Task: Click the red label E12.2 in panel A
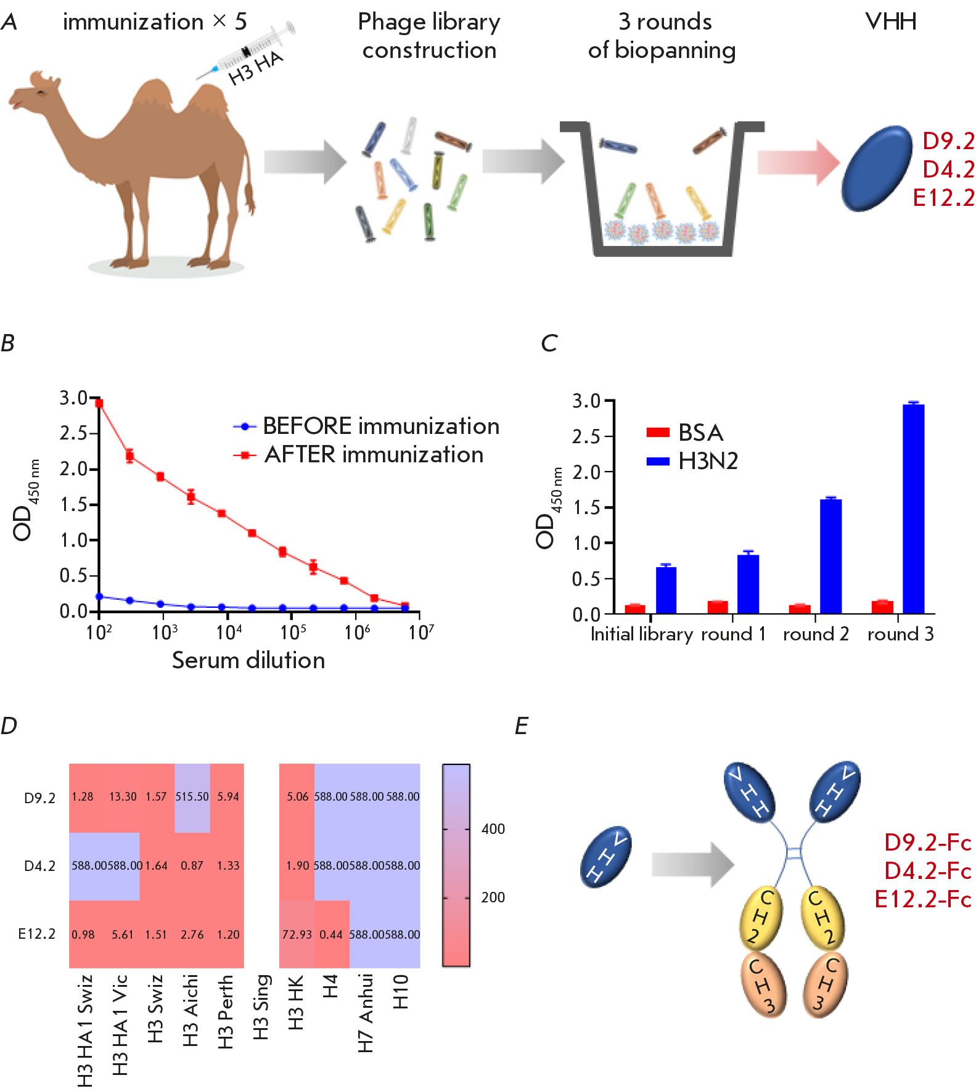pos(943,198)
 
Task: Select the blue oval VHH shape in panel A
pos(877,168)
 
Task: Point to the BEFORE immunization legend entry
pos(367,426)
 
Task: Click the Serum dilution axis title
pos(248,660)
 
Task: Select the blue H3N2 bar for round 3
pos(913,509)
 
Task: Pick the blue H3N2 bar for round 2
pos(830,556)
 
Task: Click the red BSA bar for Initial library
pos(634,609)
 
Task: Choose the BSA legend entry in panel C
pos(684,433)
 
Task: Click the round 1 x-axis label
pos(733,634)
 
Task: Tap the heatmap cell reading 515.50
pos(192,797)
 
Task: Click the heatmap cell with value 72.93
pos(297,934)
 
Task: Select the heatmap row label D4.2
pos(39,866)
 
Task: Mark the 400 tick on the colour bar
pos(493,829)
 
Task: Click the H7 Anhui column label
pos(366,1013)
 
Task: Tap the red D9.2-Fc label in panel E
pos(927,843)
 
